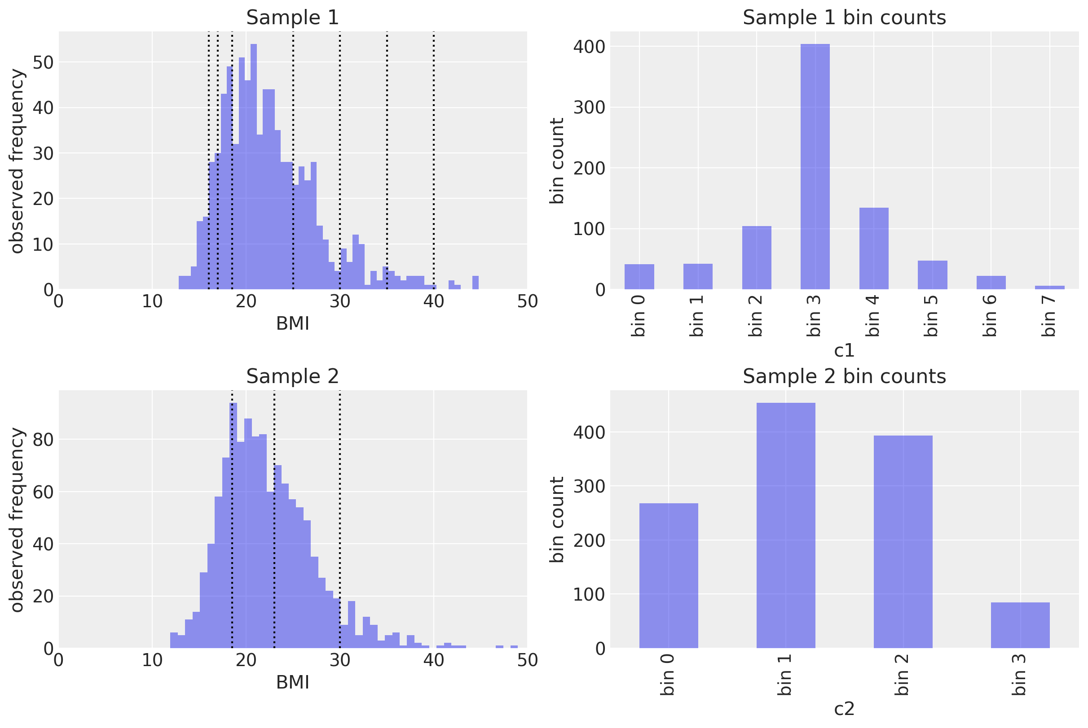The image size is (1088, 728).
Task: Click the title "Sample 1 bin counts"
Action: coord(844,17)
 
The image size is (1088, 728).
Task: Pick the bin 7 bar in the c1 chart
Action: coord(1049,288)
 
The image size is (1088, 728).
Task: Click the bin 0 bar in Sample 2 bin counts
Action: coord(668,575)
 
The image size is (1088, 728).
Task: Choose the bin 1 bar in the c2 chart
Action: coord(785,525)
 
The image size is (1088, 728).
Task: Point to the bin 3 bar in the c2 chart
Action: coord(1020,625)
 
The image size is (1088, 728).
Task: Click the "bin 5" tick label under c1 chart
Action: coord(932,316)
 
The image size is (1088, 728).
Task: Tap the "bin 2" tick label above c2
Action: coord(903,675)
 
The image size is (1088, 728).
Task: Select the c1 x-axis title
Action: coord(844,350)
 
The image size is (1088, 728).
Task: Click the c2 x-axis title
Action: coord(844,709)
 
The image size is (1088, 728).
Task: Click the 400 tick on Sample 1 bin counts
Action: coord(589,47)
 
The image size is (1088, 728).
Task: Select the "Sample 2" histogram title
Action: coord(292,376)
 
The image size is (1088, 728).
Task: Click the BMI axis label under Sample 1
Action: coord(292,323)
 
